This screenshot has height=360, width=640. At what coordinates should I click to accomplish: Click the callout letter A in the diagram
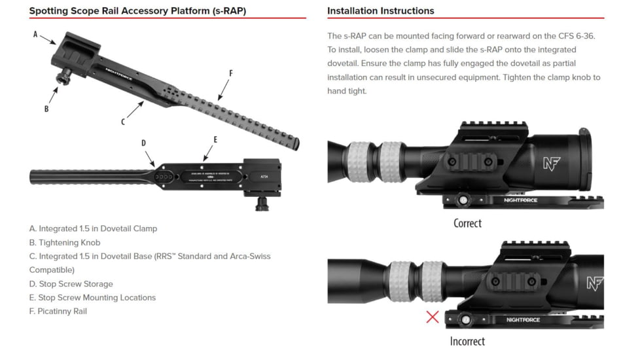[35, 34]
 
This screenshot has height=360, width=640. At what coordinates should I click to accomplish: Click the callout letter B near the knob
[46, 109]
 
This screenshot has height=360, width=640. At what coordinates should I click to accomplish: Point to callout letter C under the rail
[122, 122]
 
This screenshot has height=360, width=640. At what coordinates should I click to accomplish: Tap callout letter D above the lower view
[143, 143]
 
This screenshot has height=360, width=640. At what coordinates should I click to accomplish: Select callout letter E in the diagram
[215, 139]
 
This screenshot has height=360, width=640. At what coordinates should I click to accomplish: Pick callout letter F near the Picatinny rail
[230, 73]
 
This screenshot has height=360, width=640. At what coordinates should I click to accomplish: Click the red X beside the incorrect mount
[433, 317]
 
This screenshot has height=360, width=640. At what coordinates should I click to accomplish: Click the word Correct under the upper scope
[467, 223]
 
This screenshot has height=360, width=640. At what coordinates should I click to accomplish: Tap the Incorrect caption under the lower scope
[467, 341]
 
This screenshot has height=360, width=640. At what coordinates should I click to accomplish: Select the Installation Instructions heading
[380, 11]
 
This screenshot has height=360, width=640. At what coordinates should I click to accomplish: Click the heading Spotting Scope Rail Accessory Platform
[137, 11]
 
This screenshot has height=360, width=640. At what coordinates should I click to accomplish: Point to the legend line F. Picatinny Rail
[58, 311]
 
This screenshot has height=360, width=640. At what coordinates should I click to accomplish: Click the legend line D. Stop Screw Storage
[71, 284]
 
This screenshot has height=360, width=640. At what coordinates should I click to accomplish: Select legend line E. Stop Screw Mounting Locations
[92, 297]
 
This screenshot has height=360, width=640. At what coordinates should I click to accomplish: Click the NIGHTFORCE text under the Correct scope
[521, 200]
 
